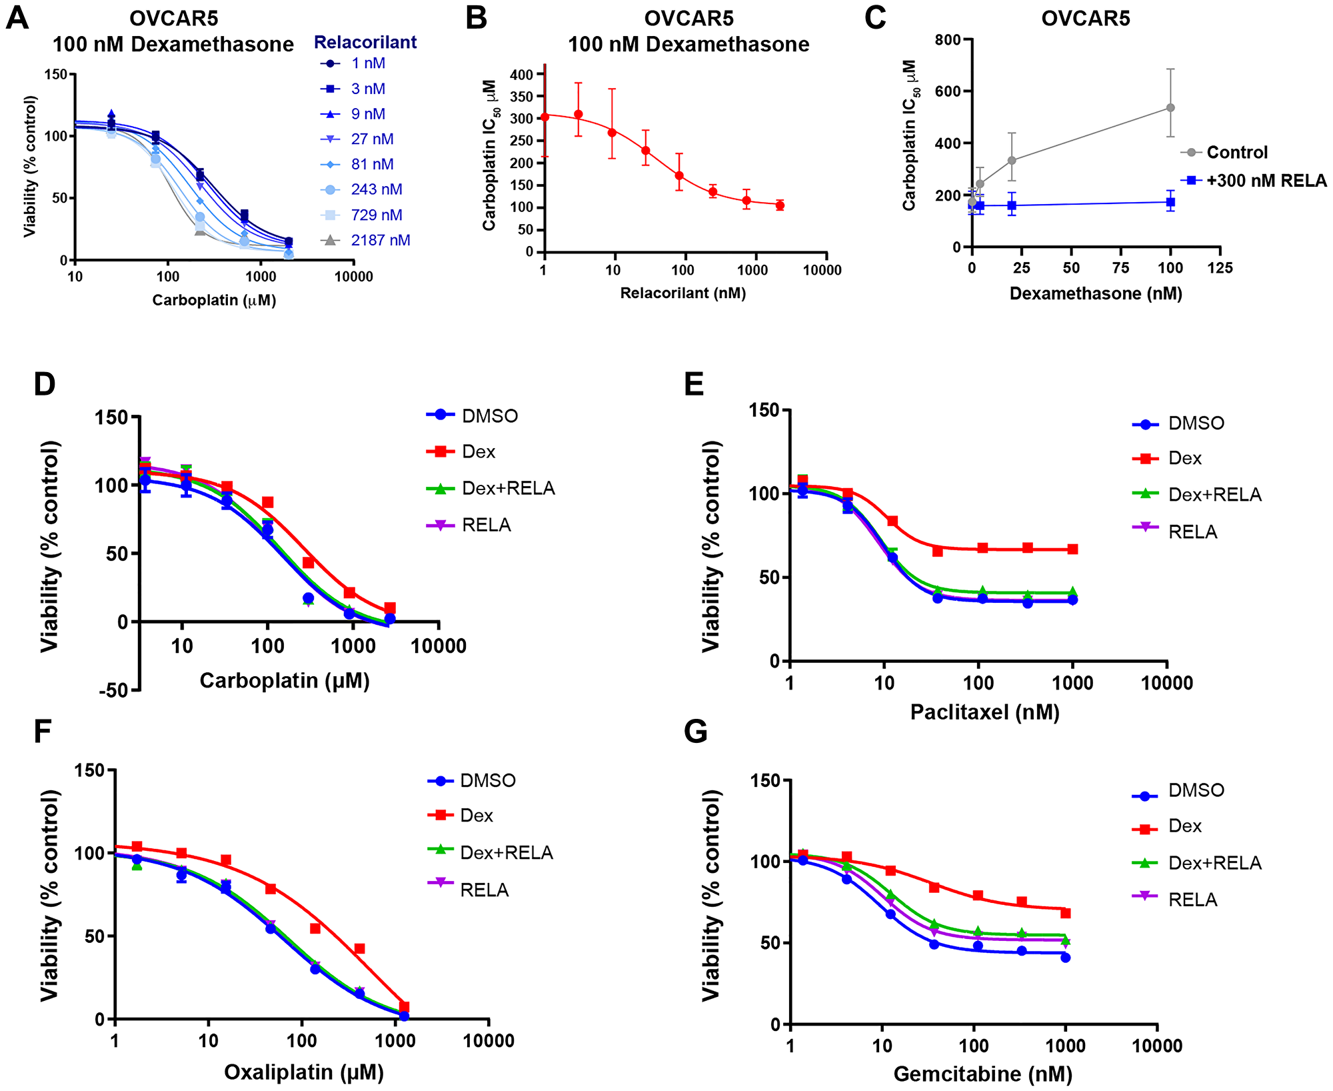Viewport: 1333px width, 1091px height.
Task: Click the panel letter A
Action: click(17, 18)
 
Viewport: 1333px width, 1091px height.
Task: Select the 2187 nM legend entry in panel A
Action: click(380, 240)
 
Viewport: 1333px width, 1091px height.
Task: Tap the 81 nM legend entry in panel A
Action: click(372, 164)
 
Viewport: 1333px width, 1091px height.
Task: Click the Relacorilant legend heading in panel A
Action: click(365, 43)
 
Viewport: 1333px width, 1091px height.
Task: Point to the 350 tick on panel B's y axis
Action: click(522, 97)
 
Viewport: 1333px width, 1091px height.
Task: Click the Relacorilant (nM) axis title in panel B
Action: click(682, 293)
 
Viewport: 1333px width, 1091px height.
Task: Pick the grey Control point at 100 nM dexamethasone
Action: click(1170, 107)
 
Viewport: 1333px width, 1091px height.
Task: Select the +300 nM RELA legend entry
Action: click(1265, 181)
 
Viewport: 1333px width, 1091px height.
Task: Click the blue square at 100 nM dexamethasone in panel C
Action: click(1170, 202)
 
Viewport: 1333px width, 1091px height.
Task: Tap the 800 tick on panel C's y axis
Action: click(947, 40)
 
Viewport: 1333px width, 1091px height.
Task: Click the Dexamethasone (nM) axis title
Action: click(1096, 294)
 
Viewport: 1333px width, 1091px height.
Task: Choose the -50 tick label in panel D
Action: click(113, 691)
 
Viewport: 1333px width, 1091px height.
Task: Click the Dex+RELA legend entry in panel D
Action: click(508, 489)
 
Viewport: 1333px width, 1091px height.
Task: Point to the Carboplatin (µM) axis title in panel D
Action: click(285, 681)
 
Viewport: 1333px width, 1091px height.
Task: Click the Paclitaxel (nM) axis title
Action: click(984, 712)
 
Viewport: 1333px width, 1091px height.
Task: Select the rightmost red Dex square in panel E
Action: click(1072, 550)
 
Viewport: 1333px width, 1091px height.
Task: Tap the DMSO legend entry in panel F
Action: click(487, 781)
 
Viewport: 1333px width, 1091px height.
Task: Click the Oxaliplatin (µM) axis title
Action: click(304, 1072)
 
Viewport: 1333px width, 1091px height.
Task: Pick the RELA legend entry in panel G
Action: click(1192, 900)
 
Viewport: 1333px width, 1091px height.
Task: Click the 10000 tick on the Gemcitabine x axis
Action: click(1157, 1046)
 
